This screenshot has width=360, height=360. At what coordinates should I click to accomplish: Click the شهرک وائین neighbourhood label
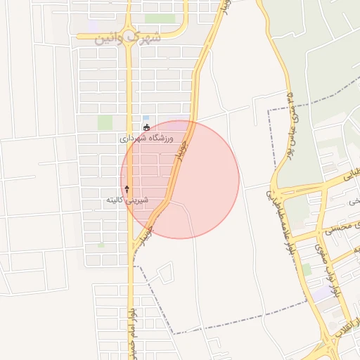(128, 36)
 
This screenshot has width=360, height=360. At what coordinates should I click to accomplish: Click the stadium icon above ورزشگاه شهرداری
(146, 127)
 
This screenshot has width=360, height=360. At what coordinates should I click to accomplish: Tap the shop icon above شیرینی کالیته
(127, 188)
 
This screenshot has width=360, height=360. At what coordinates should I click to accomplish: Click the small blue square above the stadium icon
(146, 118)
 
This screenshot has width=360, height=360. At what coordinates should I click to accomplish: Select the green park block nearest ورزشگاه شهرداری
(105, 122)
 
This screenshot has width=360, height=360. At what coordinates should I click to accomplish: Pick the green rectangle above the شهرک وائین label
(160, 18)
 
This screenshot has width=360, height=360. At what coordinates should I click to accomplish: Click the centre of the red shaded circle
(180, 179)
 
